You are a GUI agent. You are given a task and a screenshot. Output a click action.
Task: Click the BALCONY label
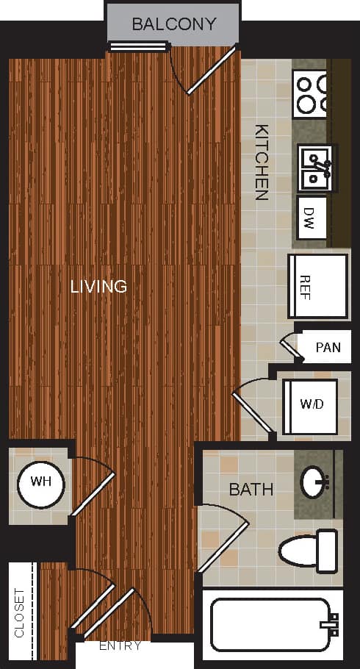coord(173,24)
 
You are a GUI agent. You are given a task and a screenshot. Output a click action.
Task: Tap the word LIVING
coord(98,286)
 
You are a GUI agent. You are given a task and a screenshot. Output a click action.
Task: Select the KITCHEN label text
coord(261,162)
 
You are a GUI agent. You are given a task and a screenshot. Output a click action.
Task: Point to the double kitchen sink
coord(317,167)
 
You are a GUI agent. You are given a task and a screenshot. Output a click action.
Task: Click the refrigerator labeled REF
coord(317,286)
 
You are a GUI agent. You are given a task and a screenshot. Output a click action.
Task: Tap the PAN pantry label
coord(328,347)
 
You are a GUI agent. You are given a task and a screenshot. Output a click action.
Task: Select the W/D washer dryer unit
coord(310,406)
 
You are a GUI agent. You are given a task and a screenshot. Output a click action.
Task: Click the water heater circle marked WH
coord(40,484)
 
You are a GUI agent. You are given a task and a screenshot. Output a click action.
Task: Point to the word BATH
coord(251,489)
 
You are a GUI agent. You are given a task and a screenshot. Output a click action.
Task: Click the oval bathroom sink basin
coord(317,483)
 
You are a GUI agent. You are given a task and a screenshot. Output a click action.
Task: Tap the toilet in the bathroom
coord(309,550)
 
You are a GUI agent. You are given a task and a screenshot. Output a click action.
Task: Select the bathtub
coord(272,624)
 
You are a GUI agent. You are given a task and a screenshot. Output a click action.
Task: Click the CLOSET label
coord(19,612)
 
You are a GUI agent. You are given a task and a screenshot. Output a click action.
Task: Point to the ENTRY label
coord(120,645)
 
